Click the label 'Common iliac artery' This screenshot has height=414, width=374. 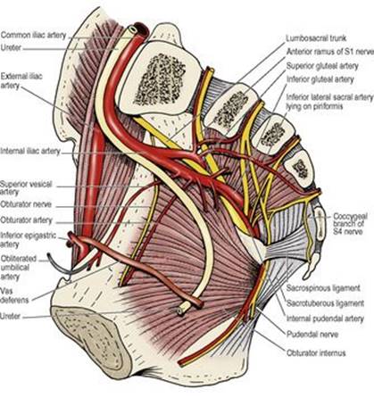[x=33, y=35]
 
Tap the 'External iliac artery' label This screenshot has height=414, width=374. [x=21, y=81]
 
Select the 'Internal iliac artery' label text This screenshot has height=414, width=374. [x=30, y=151]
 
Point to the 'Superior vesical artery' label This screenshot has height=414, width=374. [x=26, y=188]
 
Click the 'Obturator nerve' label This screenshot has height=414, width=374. [x=26, y=204]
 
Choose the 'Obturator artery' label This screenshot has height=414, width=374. [x=26, y=220]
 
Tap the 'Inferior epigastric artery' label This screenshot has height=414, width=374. [x=28, y=240]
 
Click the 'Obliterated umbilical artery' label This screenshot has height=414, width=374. [x=19, y=268]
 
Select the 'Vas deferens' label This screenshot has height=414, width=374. [x=14, y=295]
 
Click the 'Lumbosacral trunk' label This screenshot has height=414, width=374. [x=316, y=38]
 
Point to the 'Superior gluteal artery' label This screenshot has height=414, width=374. [x=322, y=66]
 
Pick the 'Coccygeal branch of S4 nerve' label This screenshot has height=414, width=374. [x=350, y=224]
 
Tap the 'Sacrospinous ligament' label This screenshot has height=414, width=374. [x=323, y=288]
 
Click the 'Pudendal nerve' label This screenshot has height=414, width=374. [x=312, y=335]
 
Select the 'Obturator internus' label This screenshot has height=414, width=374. [x=316, y=353]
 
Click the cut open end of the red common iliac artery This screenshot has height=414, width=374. [x=142, y=29]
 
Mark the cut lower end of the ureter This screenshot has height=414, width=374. [x=180, y=310]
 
